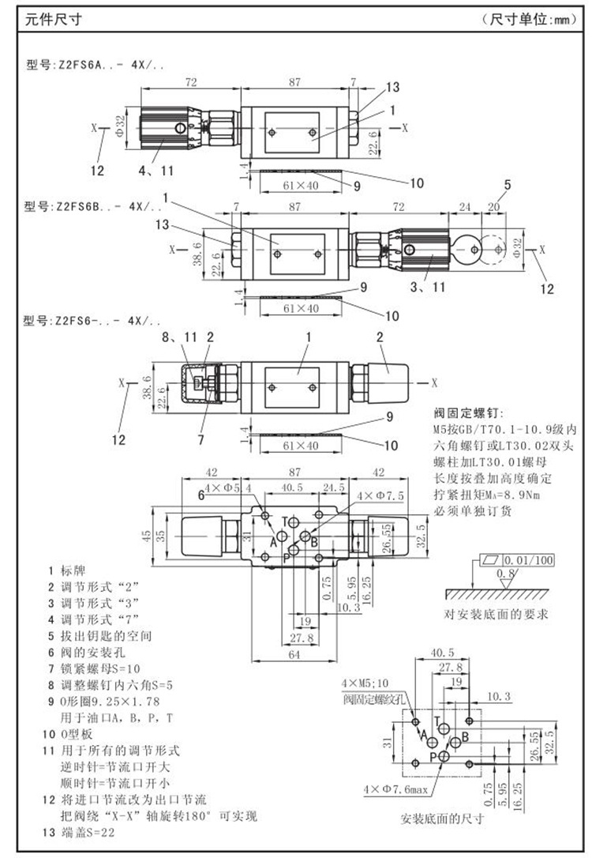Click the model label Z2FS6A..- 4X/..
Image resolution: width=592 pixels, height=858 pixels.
click(x=94, y=65)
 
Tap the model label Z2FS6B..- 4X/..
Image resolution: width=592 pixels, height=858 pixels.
click(x=94, y=206)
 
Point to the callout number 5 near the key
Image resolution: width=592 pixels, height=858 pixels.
click(x=508, y=185)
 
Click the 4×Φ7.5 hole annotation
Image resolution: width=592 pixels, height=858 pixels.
click(x=380, y=495)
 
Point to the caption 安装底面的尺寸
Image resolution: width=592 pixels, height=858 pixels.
click(x=442, y=818)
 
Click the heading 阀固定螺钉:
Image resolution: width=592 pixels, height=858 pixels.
click(x=467, y=413)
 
